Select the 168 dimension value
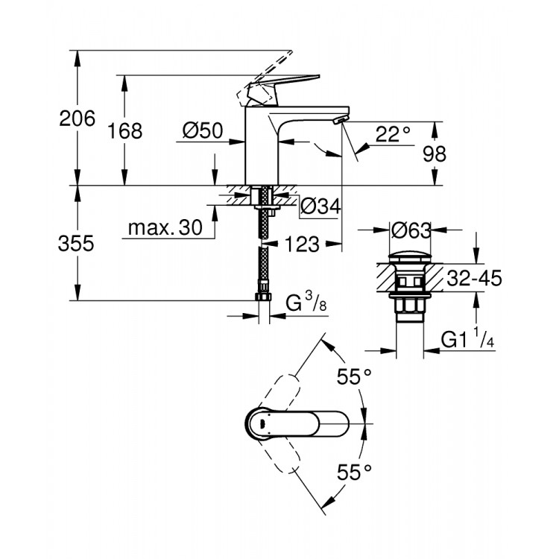coord(124,131)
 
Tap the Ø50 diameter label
coord(203,131)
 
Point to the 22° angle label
coord(393,134)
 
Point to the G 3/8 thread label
coord(306,303)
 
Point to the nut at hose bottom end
coord(262,297)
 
